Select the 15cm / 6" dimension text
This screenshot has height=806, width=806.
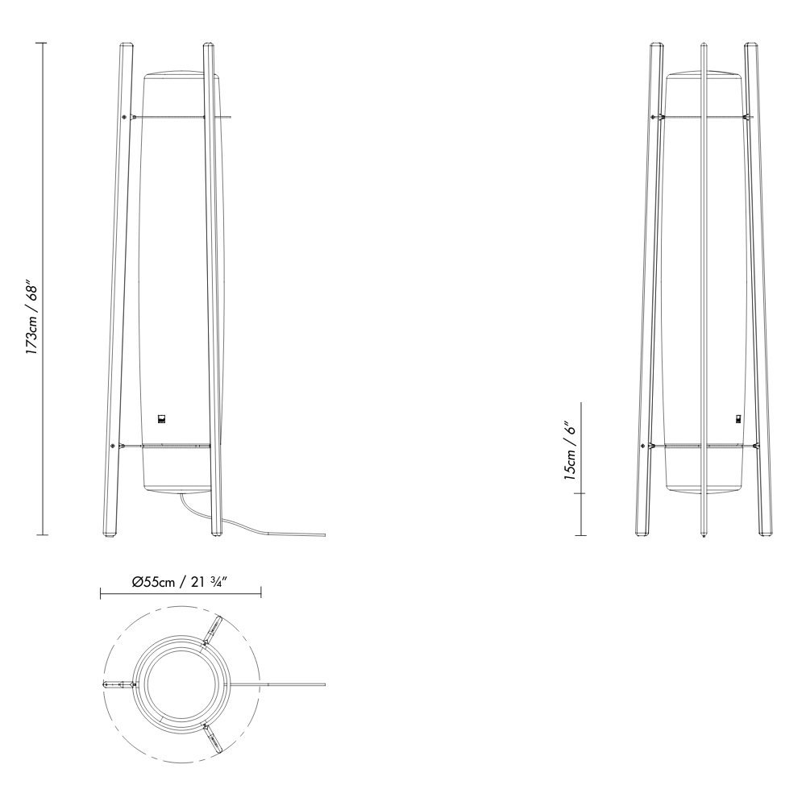point(571,451)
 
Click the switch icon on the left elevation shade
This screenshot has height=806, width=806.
point(162,418)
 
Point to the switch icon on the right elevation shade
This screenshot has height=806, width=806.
point(738,418)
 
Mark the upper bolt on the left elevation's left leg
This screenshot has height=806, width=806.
point(123,118)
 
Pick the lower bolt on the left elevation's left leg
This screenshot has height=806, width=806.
point(112,446)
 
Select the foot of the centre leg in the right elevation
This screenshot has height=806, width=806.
point(704,534)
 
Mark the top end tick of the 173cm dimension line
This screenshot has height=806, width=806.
point(43,43)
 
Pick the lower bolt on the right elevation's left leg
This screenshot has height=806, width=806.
point(643,446)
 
